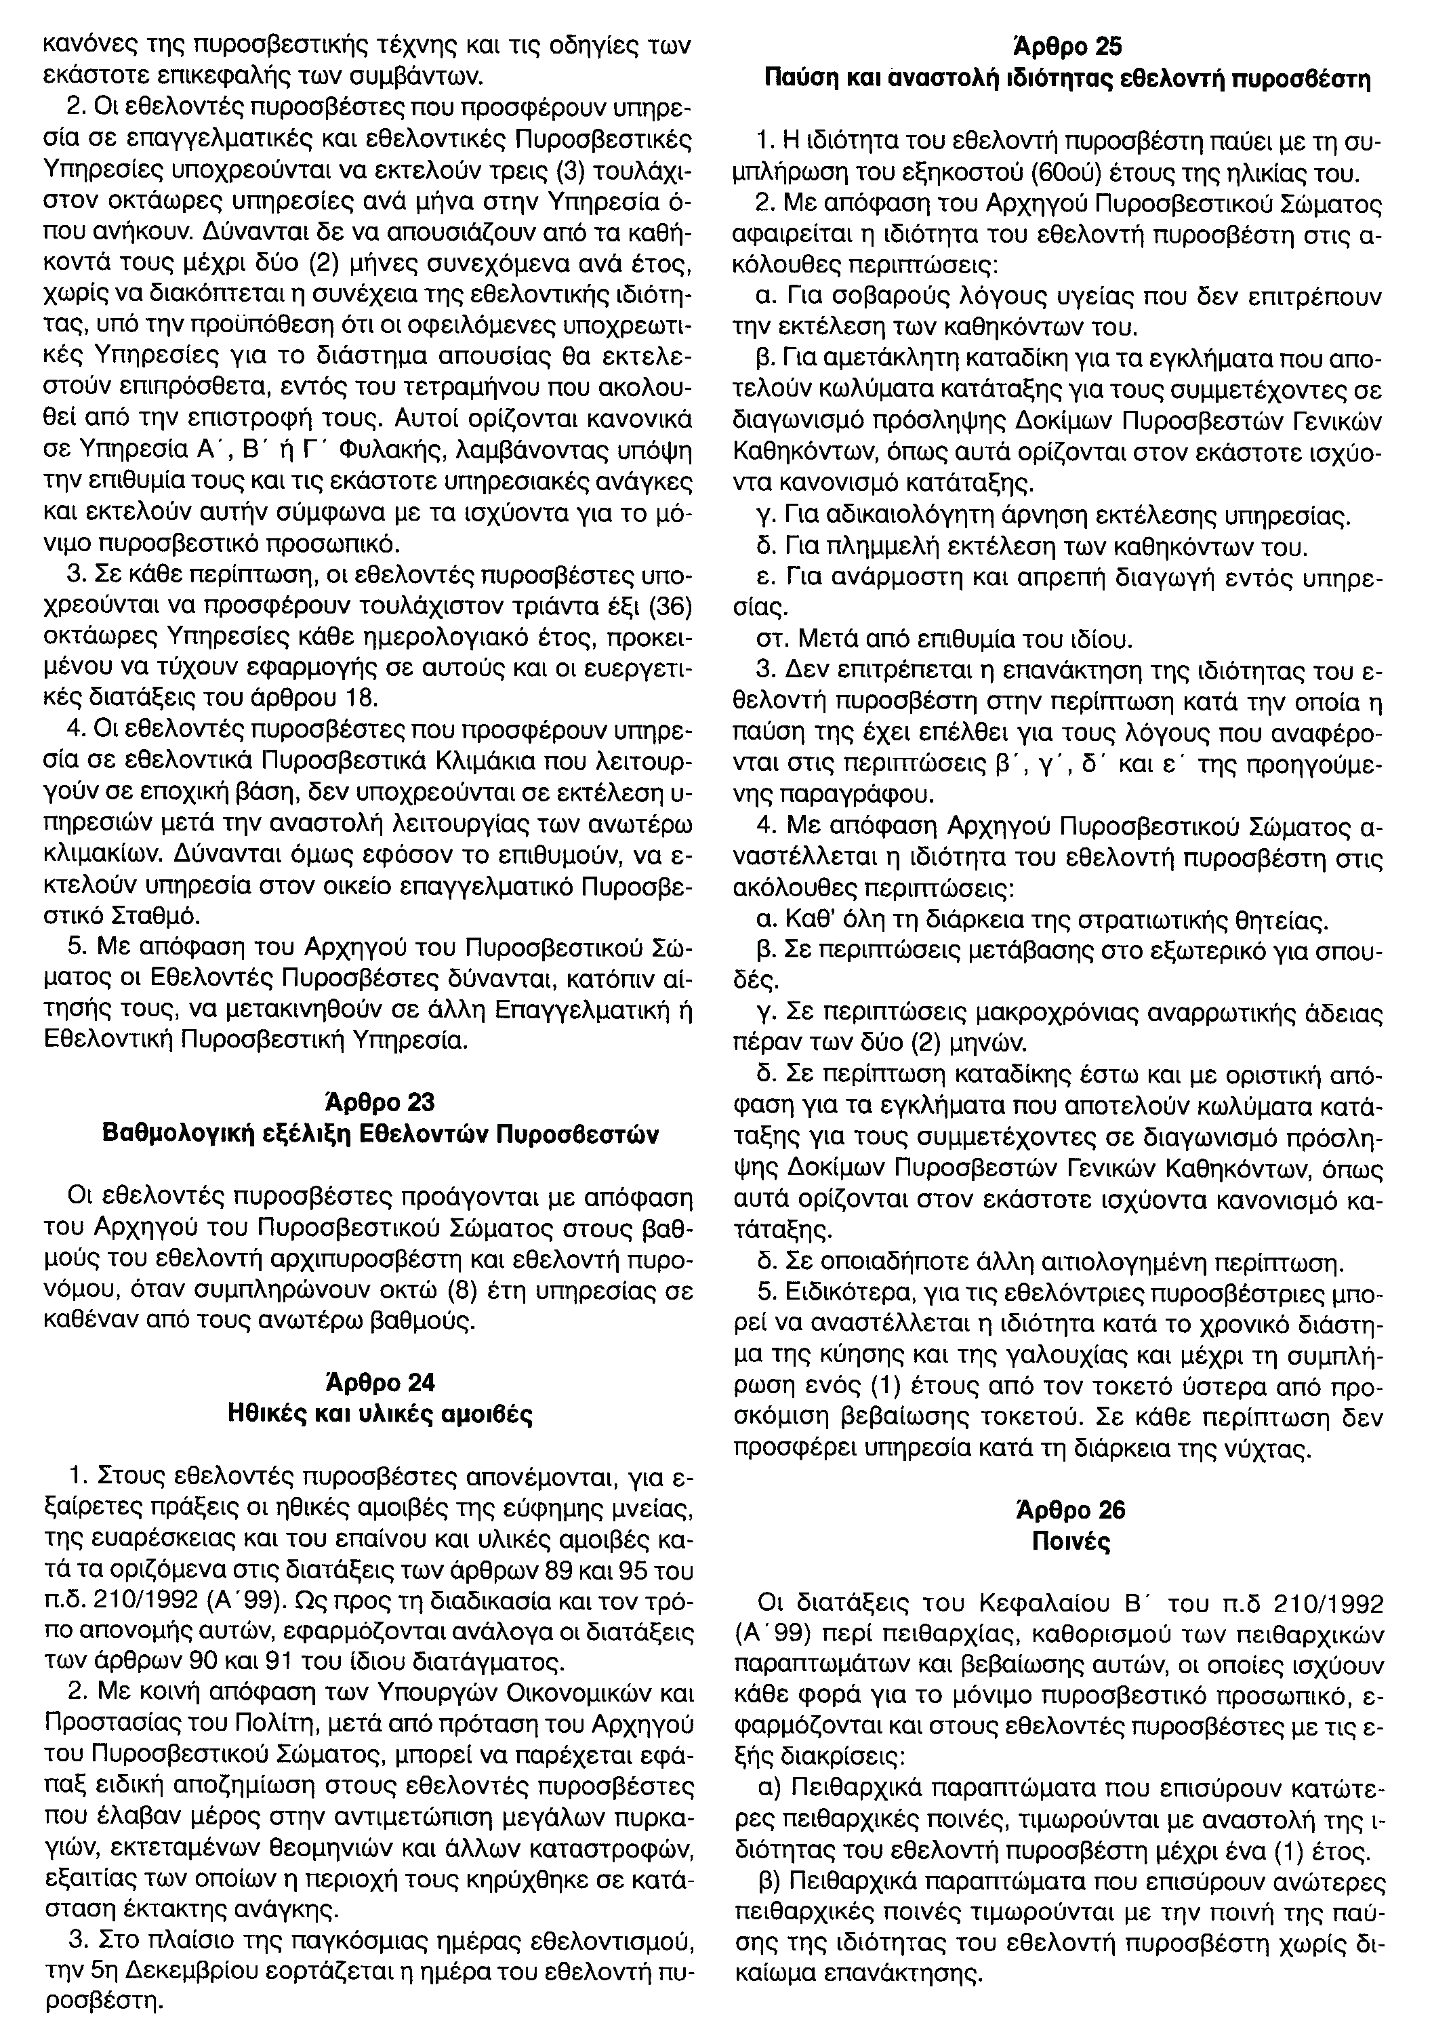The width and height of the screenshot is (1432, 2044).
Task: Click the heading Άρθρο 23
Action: (380, 1104)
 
